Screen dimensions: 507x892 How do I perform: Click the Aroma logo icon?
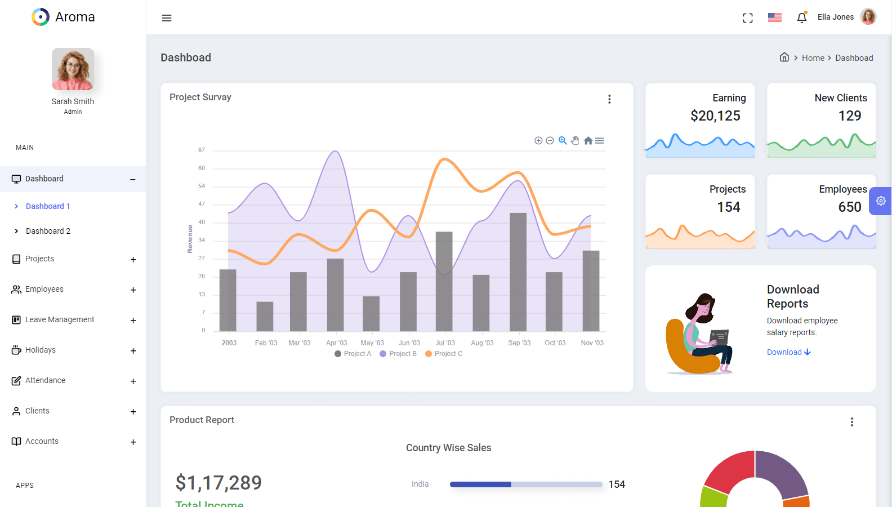coord(41,17)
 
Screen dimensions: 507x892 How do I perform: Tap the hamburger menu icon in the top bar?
coord(167,18)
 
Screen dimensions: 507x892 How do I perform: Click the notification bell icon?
coord(802,17)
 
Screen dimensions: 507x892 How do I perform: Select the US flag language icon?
coord(775,17)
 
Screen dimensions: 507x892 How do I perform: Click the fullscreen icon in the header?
coord(748,18)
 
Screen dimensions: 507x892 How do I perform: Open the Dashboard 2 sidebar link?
coord(48,231)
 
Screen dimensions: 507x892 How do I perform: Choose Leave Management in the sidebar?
coord(60,319)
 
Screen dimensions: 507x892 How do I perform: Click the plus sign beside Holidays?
coord(133,351)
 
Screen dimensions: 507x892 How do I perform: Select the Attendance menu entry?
coord(45,380)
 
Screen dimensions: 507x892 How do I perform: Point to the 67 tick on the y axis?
coord(202,150)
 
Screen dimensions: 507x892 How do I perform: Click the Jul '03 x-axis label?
coord(445,343)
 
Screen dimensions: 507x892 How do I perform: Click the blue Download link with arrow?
coord(788,352)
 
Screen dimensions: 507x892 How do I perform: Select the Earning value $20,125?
coord(715,116)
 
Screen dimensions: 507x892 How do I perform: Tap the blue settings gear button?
coord(881,201)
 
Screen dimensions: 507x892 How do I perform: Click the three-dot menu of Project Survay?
coord(609,99)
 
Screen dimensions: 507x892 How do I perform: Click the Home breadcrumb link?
coord(813,58)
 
